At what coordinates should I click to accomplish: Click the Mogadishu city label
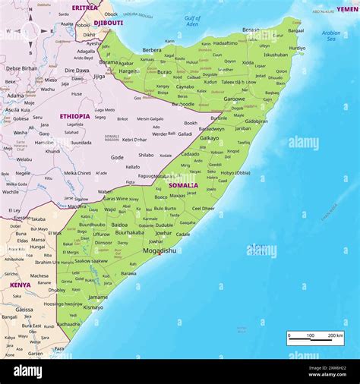(159, 250)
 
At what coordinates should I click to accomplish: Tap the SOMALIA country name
(183, 185)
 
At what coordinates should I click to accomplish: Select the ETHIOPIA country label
(74, 116)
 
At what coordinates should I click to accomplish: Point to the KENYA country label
(21, 285)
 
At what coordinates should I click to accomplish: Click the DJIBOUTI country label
(109, 23)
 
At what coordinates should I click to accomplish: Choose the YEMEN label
(347, 9)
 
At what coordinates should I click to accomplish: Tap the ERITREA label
(84, 8)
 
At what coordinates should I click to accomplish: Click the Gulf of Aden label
(193, 21)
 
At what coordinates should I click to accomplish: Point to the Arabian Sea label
(331, 35)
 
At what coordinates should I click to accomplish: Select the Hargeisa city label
(128, 71)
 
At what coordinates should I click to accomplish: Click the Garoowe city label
(234, 99)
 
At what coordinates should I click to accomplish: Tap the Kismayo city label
(93, 307)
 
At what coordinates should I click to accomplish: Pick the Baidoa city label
(119, 225)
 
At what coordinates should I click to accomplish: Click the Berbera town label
(152, 50)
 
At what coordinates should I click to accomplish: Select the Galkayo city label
(209, 138)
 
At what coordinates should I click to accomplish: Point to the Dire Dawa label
(76, 71)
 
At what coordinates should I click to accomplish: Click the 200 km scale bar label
(335, 335)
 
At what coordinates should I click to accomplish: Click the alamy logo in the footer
(28, 371)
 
